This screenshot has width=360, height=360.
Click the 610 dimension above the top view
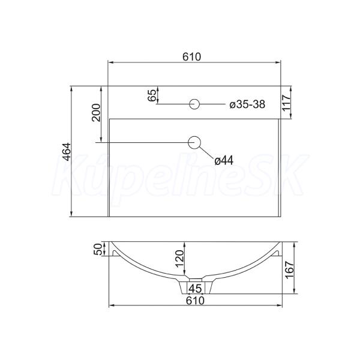click(x=192, y=57)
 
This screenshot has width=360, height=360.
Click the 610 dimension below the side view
click(x=195, y=301)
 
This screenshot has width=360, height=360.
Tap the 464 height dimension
click(x=67, y=152)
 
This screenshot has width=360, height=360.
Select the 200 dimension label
click(x=96, y=113)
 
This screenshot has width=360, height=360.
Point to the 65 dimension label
click(x=152, y=95)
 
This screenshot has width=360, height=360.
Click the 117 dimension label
click(x=287, y=103)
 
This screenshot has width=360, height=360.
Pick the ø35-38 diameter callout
click(x=247, y=104)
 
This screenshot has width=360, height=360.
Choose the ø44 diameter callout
click(x=224, y=160)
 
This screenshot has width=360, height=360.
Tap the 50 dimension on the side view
click(x=98, y=249)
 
